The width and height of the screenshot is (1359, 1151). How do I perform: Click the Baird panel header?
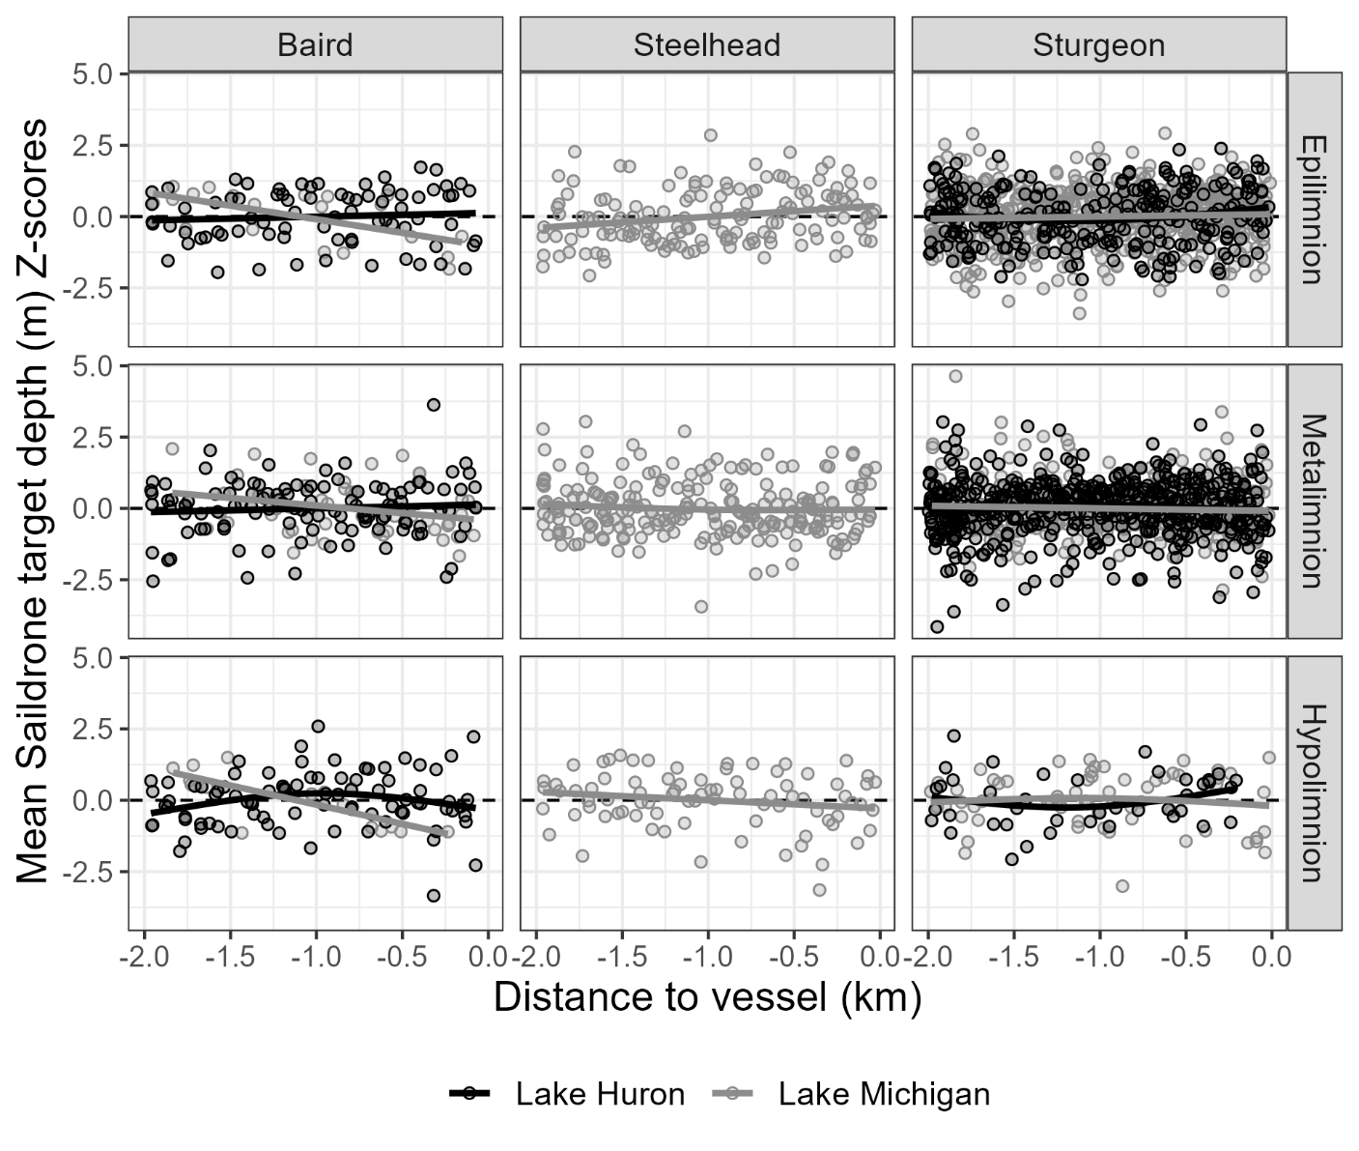pyautogui.click(x=315, y=45)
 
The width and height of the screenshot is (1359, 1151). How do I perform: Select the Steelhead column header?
pyautogui.click(x=706, y=45)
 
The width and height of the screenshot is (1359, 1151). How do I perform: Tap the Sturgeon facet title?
pyautogui.click(x=1098, y=45)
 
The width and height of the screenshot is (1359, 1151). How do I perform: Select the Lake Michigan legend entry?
pyautogui.click(x=850, y=1094)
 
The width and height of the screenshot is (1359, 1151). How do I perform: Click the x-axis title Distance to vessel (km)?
pyautogui.click(x=707, y=997)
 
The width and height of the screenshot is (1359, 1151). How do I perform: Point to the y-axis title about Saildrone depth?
pyautogui.click(x=33, y=501)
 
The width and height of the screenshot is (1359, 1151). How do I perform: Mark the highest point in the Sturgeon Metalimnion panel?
pyautogui.click(x=955, y=376)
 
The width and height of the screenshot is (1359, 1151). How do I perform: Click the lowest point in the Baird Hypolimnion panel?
pyautogui.click(x=434, y=896)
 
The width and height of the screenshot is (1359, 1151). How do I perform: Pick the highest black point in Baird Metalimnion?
pyautogui.click(x=434, y=405)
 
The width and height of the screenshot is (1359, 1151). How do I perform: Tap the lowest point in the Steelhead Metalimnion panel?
pyautogui.click(x=701, y=607)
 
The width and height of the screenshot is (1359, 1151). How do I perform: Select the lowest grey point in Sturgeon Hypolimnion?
pyautogui.click(x=1122, y=886)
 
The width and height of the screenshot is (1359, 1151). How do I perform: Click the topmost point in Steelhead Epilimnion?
pyautogui.click(x=710, y=135)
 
